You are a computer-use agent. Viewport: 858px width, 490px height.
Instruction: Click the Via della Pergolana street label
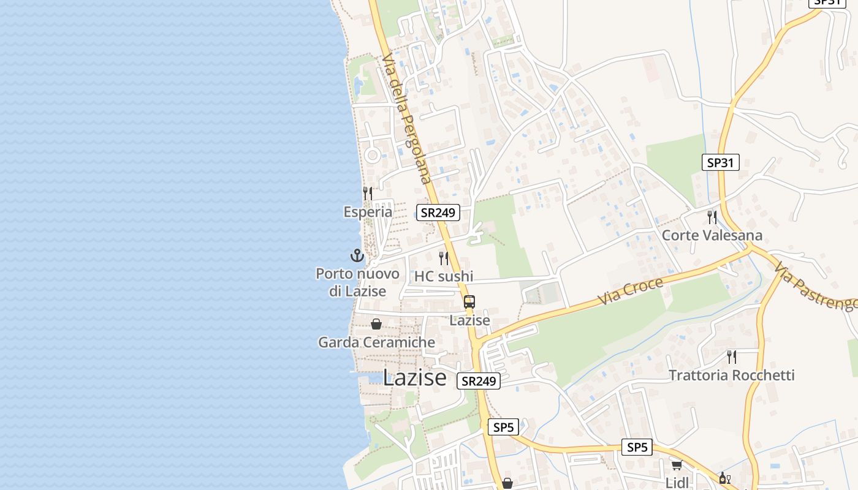406,118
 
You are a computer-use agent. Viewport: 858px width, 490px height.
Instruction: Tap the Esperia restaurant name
368,212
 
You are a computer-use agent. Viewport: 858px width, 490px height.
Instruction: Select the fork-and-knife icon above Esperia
368,194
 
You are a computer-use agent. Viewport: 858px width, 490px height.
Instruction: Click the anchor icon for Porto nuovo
357,255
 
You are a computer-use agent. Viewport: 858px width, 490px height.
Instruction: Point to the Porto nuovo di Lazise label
357,282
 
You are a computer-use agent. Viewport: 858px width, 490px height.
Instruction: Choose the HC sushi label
444,276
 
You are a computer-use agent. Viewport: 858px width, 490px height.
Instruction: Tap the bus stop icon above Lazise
469,302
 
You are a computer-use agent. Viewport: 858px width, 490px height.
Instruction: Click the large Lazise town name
415,377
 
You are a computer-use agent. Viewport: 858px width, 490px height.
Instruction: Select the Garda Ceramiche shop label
376,342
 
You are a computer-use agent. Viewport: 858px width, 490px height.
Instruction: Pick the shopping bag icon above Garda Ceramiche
376,324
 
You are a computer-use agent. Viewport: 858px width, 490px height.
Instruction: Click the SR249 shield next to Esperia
438,213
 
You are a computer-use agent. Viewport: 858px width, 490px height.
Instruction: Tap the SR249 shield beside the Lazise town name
479,381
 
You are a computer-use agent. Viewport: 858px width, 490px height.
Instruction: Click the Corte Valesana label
712,236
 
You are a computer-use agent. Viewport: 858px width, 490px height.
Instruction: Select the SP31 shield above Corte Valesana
720,162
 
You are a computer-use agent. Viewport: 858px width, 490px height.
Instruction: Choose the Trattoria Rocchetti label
732,375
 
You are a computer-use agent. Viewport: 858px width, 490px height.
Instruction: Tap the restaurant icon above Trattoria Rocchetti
732,356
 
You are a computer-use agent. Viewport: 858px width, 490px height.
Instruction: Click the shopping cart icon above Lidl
677,466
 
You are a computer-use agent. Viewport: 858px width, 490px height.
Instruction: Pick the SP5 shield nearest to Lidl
637,447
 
